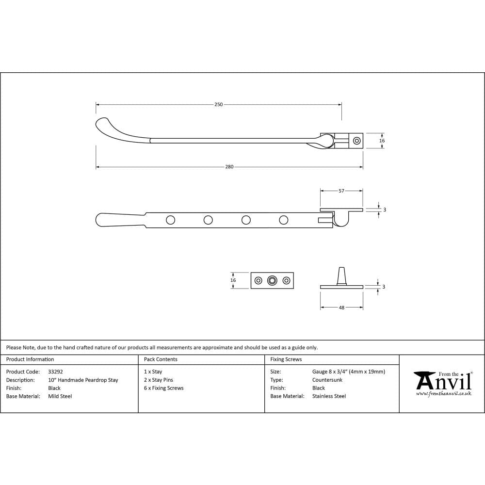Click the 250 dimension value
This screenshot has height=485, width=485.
click(218, 105)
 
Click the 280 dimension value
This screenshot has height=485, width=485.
click(229, 167)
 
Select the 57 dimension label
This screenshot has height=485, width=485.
click(341, 191)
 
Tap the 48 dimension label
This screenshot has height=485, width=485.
click(341, 307)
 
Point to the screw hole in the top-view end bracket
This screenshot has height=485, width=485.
click(357, 141)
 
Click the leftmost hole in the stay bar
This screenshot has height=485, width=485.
click(170, 220)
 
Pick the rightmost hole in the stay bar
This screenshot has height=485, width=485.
click(284, 220)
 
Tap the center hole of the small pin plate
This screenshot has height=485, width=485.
click(272, 280)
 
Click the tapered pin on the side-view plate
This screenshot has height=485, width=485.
click(342, 275)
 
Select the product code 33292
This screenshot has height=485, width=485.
click(55, 372)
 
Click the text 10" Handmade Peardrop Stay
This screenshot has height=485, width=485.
click(83, 380)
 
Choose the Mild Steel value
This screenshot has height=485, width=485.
click(60, 396)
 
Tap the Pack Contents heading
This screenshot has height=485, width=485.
click(161, 359)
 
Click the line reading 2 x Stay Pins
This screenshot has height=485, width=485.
click(159, 380)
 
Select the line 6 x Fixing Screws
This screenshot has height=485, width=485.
click(164, 388)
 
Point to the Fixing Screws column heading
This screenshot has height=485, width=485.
click(286, 359)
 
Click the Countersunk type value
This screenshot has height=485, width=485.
click(327, 380)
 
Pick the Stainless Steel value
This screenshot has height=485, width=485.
click(329, 396)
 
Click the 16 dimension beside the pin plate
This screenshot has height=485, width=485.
click(233, 280)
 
